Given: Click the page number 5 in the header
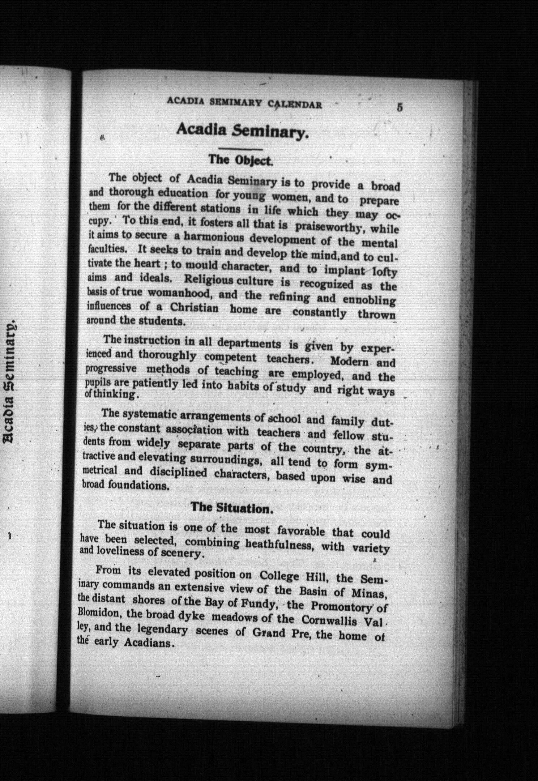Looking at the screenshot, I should point(400,108).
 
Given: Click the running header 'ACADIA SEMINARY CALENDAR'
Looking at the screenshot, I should point(244,104).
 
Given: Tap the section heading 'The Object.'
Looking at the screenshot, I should point(240,160).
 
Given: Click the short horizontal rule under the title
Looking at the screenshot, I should point(240,149).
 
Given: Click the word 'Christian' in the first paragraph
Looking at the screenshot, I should point(194,308).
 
